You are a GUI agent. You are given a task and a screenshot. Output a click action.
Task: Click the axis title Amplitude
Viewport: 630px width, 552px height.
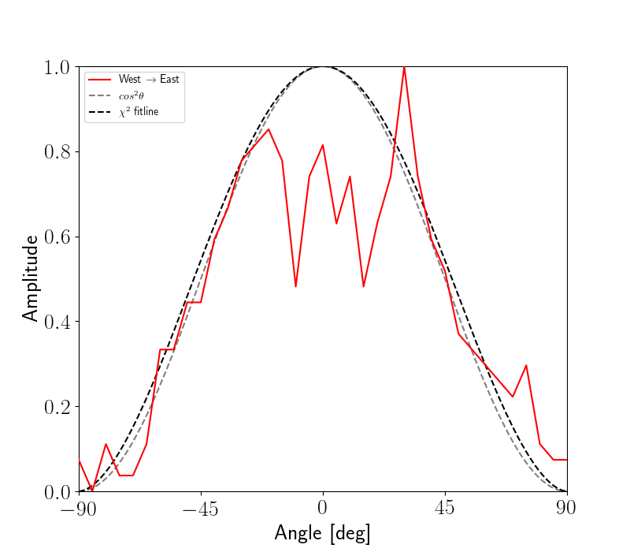pyautogui.click(x=30, y=278)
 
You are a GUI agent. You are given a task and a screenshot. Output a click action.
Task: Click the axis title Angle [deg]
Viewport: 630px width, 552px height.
pyautogui.click(x=323, y=534)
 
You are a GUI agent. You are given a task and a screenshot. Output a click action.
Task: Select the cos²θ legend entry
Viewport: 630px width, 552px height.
pyautogui.click(x=135, y=95)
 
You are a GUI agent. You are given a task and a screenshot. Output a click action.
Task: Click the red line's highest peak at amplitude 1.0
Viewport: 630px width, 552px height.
pyautogui.click(x=404, y=67)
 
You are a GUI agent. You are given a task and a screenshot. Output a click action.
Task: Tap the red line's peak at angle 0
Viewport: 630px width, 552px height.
pyautogui.click(x=323, y=145)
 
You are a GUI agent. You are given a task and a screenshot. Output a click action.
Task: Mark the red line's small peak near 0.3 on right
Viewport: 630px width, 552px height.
pyautogui.click(x=526, y=366)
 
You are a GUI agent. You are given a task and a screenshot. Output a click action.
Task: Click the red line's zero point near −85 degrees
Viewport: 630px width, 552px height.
pyautogui.click(x=92, y=491)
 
